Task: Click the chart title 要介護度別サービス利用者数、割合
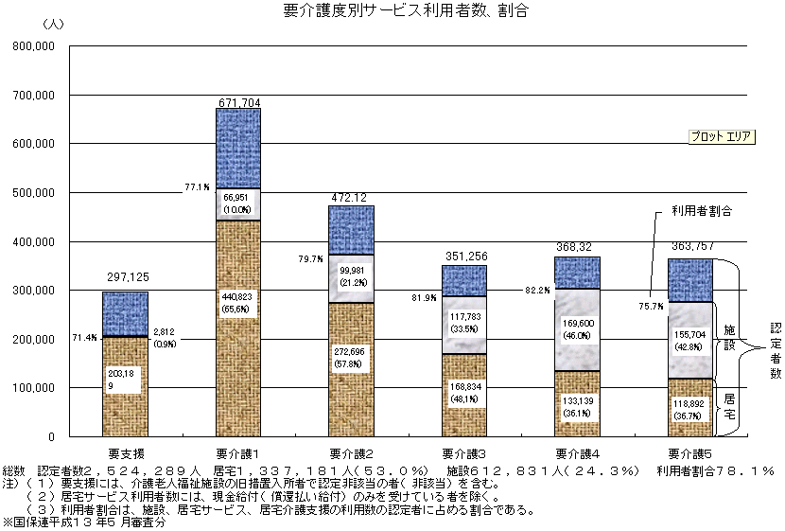point(392,12)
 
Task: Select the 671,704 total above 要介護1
point(238,101)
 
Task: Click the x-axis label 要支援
point(126,452)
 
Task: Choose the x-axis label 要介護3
point(463,452)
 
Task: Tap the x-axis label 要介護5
point(689,452)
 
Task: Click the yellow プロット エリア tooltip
point(721,136)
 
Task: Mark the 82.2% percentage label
point(536,290)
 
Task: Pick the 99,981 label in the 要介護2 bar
point(351,274)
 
